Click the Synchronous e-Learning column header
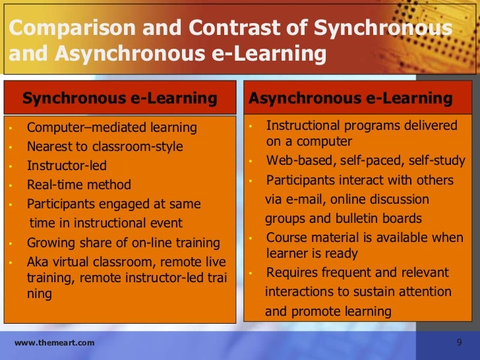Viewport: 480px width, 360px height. (120, 99)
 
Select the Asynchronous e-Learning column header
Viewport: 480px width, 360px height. (350, 99)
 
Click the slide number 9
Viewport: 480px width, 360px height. (460, 342)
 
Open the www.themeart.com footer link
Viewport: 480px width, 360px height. (54, 343)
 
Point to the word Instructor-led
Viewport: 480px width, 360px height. (67, 165)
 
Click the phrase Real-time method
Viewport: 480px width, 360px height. (79, 185)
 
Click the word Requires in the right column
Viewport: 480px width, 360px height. (291, 272)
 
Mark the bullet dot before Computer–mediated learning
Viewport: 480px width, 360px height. (11, 127)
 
